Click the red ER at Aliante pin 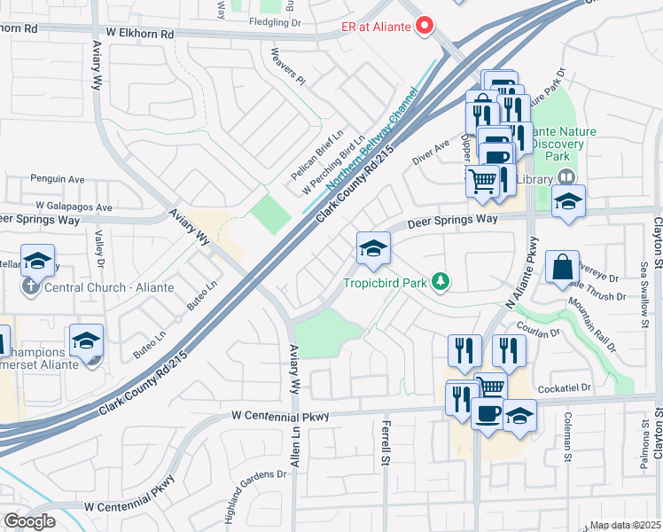click(x=425, y=27)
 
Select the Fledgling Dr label click(x=276, y=22)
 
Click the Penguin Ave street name click(x=56, y=178)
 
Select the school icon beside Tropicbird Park click(x=374, y=248)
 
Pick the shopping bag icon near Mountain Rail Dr click(x=563, y=266)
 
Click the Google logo click(x=28, y=521)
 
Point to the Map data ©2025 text click(x=625, y=525)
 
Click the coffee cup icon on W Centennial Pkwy click(x=487, y=414)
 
